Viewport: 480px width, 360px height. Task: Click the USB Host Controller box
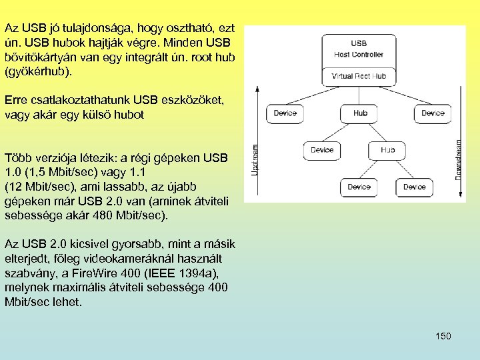359,49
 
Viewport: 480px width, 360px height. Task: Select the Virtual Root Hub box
359,75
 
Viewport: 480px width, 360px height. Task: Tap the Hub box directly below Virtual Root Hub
361,113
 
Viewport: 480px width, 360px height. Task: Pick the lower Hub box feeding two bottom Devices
387,150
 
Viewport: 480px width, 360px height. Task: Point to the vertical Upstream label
254,161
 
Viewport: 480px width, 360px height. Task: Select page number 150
443,336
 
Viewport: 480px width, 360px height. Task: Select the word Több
17,159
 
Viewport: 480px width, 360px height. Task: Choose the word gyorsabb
121,243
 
